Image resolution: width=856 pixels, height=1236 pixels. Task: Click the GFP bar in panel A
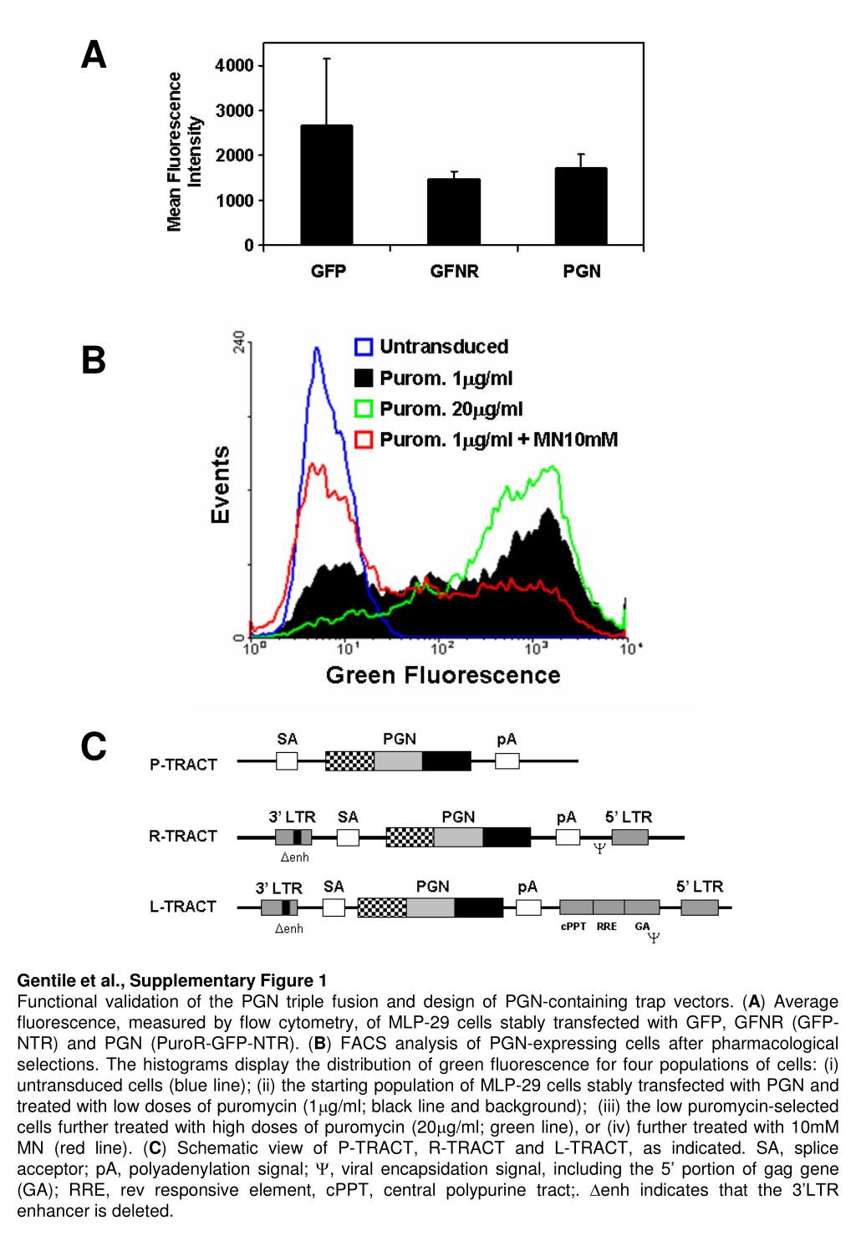(327, 185)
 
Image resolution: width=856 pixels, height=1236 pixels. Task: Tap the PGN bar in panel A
(581, 206)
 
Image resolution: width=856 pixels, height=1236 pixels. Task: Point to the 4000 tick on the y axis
(234, 65)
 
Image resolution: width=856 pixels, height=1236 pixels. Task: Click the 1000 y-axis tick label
(234, 201)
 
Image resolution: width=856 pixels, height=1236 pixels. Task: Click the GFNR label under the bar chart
(455, 272)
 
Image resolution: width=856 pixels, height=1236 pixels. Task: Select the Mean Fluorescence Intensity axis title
(185, 151)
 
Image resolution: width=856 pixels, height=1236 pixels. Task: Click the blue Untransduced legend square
(364, 347)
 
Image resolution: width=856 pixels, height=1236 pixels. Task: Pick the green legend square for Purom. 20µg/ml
(364, 409)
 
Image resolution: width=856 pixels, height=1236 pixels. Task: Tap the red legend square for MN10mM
(364, 440)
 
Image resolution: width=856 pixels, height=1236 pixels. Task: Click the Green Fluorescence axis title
(443, 674)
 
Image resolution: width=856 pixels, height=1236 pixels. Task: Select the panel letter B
(94, 361)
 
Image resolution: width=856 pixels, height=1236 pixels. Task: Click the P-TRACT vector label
(183, 764)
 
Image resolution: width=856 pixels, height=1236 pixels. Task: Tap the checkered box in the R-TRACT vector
(410, 837)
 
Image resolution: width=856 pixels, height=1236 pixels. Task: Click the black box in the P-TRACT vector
(446, 760)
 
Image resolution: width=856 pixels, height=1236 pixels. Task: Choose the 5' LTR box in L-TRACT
(700, 908)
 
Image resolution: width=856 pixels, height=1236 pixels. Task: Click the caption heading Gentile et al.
(172, 980)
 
